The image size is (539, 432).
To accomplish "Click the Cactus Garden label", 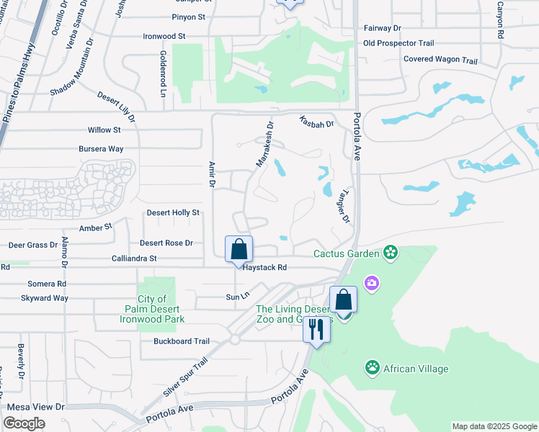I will pos(346,253).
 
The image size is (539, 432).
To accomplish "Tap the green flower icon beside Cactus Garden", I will pos(391,252).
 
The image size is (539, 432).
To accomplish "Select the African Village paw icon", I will pos(372,369).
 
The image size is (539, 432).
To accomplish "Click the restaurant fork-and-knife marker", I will pos(316,330).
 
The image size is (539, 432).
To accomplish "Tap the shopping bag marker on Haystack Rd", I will pos(239,250).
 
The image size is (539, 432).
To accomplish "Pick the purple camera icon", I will pos(372,283).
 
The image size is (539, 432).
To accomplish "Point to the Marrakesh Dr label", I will pos(265,143).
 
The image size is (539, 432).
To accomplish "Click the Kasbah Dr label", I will pos(316,124).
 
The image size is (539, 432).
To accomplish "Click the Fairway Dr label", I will pos(383,27).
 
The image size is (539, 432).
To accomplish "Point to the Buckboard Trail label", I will pos(181,341).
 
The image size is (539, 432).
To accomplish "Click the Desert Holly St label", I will pos(173,213).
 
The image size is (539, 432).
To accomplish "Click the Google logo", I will pos(24,423).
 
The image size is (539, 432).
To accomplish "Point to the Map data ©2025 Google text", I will pos(494,426).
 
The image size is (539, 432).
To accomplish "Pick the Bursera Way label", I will pos(102,149).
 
